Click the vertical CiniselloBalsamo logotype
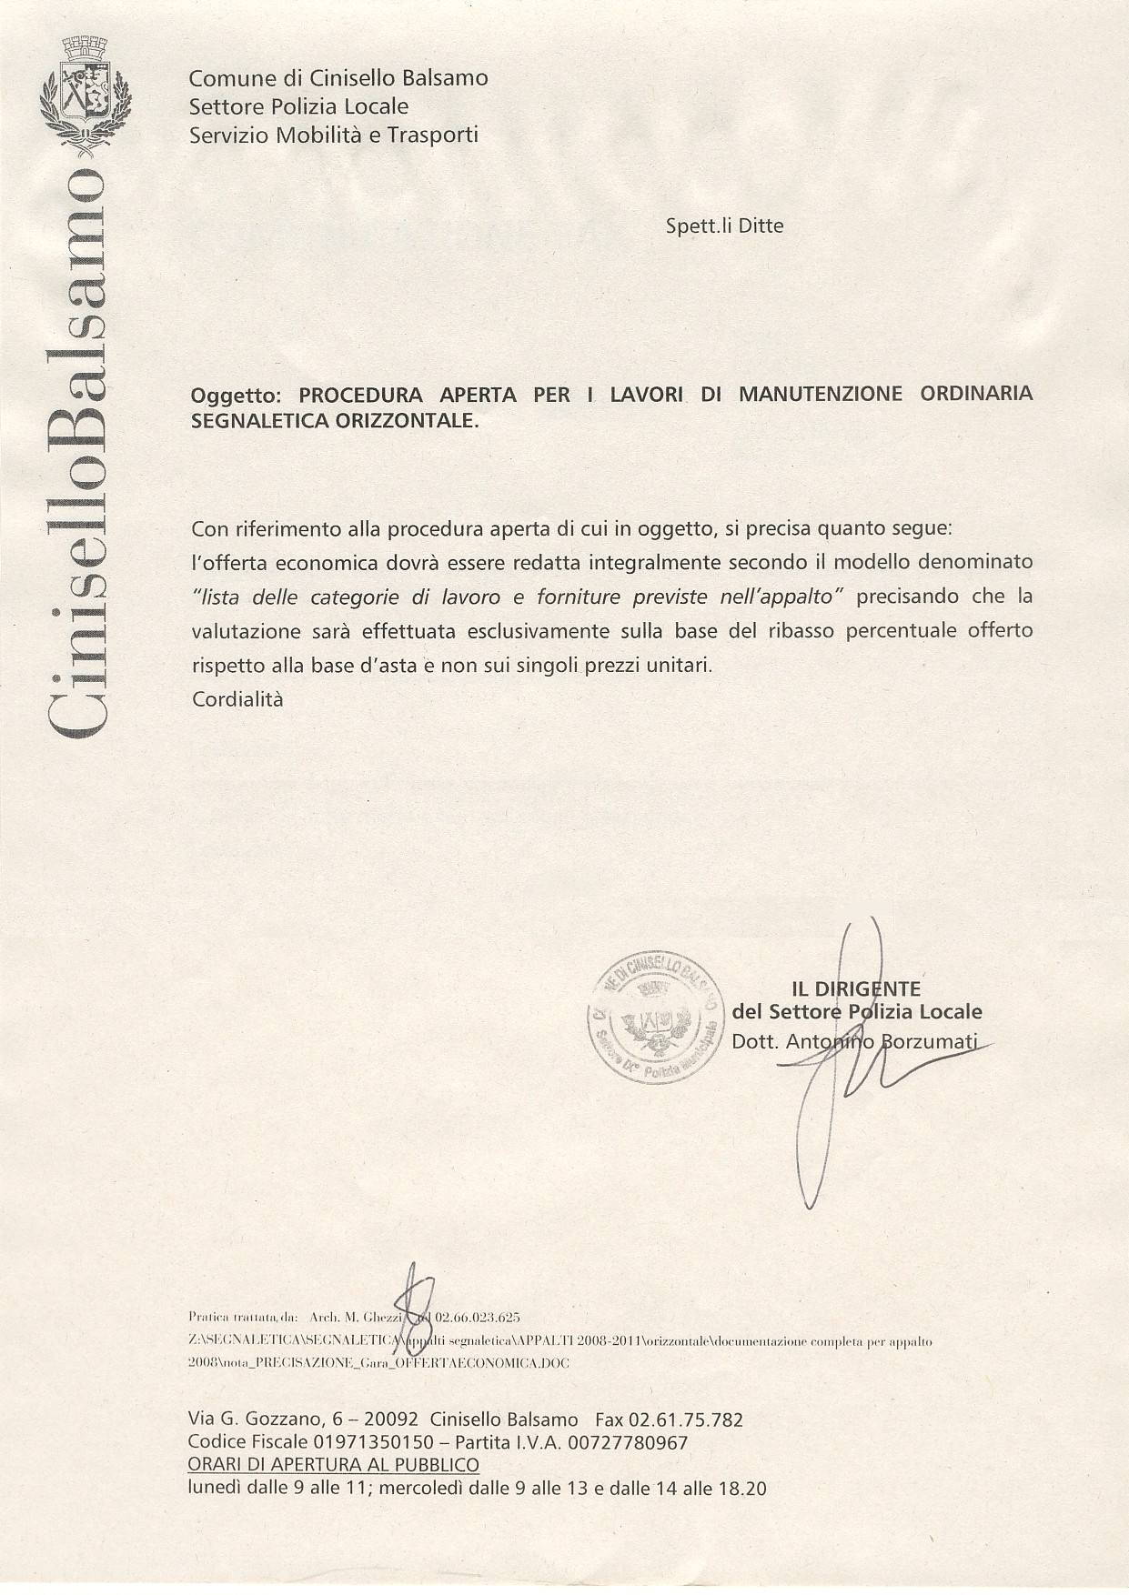tap(84, 446)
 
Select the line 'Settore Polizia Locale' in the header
tap(298, 106)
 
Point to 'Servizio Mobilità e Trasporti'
tap(333, 135)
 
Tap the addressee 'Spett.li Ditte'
tap(724, 226)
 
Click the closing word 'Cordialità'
tap(237, 699)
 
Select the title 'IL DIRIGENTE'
tap(856, 988)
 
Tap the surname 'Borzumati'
tap(929, 1042)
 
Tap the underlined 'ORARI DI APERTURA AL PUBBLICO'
tap(333, 1465)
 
